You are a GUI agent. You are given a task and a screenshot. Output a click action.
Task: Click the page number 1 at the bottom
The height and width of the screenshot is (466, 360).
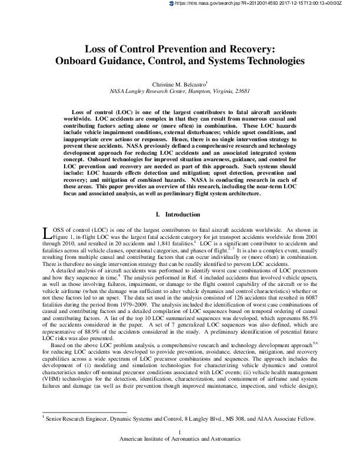tap(179, 433)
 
